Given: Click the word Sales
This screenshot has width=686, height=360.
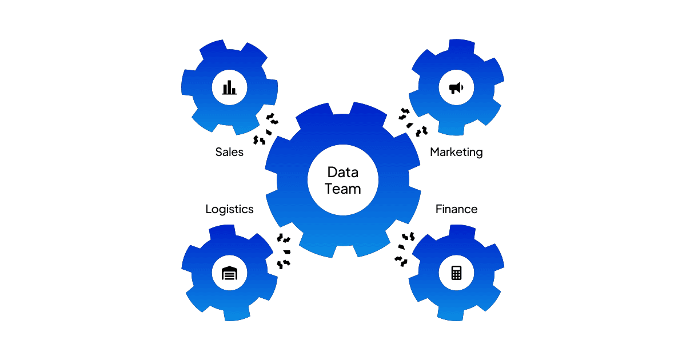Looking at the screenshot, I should point(229,152).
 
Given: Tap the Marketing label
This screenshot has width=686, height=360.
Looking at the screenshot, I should point(456,152).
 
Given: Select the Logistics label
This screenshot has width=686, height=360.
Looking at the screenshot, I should point(229,209).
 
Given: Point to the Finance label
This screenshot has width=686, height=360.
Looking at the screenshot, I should point(456,209).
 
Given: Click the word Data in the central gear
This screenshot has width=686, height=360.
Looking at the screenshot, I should point(343,171).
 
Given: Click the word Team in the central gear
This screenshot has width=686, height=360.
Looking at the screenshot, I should point(343,188).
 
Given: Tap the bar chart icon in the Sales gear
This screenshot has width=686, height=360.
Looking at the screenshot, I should point(229,87).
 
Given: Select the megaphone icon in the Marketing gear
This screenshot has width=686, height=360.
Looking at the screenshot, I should point(456,87).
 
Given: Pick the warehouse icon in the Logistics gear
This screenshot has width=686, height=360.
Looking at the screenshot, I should point(229,273).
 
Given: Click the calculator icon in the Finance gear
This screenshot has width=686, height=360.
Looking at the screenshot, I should point(456,273).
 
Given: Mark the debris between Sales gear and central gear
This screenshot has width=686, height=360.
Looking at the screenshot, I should point(266,129).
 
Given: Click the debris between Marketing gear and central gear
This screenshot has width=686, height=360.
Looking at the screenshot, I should point(413,121).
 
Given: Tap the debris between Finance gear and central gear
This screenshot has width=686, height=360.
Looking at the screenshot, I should point(404,249).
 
